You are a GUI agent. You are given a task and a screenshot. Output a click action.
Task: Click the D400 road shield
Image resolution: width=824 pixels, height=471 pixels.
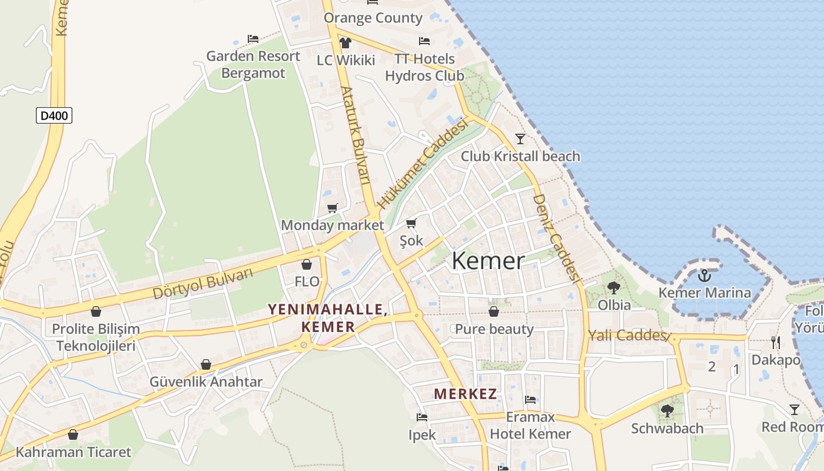click(x=54, y=115)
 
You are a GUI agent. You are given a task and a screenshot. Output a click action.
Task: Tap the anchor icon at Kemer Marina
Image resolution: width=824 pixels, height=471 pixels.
click(x=704, y=275)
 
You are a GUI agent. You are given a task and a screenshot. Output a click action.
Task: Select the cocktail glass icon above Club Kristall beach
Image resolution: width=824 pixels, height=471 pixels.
click(x=520, y=139)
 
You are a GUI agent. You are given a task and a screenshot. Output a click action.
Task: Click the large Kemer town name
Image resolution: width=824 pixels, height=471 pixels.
click(x=488, y=261)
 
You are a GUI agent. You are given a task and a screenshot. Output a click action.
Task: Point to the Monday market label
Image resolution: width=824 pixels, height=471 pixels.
click(x=332, y=225)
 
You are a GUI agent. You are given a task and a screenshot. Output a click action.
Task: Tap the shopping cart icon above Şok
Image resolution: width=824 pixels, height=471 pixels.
click(x=411, y=223)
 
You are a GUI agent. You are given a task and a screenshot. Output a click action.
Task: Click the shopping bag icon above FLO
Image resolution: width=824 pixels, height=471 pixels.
click(x=307, y=264)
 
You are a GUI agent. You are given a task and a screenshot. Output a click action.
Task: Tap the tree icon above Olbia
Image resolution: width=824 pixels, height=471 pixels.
click(x=614, y=288)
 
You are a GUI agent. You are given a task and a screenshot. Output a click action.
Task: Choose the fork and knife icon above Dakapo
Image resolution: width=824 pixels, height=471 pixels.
click(x=776, y=342)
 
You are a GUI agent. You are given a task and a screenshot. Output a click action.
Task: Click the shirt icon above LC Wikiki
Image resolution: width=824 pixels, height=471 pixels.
click(x=345, y=42)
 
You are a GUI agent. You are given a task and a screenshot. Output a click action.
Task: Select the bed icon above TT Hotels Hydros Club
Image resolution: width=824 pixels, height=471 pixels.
click(x=424, y=41)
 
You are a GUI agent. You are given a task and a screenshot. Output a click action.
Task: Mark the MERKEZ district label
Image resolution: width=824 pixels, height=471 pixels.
click(x=466, y=394)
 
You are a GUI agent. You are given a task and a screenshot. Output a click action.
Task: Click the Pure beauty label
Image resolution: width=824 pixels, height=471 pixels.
click(x=494, y=329)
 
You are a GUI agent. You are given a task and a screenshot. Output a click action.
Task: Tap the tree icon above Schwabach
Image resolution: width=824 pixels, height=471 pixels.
click(x=667, y=410)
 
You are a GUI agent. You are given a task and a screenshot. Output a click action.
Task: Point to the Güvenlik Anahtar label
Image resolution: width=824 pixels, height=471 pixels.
click(x=205, y=382)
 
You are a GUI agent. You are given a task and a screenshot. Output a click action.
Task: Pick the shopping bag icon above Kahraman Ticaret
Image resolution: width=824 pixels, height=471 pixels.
click(x=73, y=435)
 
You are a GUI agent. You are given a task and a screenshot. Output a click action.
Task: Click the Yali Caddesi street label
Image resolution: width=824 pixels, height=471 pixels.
click(x=629, y=336)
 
